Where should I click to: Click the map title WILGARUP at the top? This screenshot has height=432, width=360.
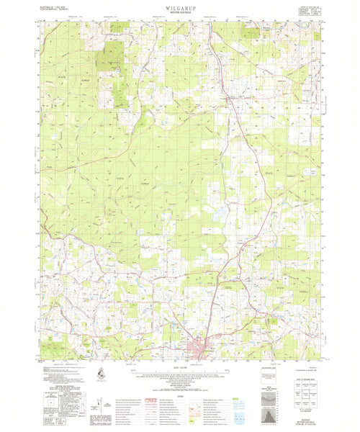point(179,6)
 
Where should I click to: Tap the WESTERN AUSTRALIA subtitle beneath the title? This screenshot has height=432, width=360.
point(179,12)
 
